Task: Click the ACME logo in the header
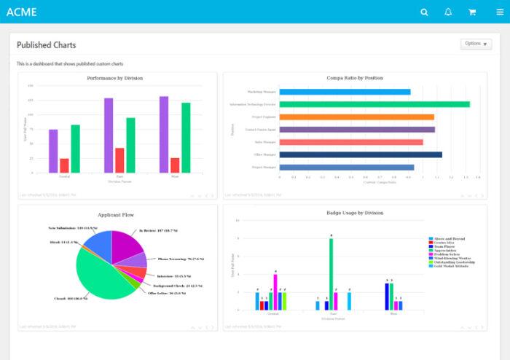click(x=21, y=12)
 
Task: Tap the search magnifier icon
click(x=425, y=12)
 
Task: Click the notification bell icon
click(x=448, y=12)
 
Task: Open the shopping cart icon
click(x=471, y=12)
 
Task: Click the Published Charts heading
click(x=46, y=44)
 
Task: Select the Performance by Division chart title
click(x=114, y=78)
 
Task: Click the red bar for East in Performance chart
click(x=119, y=160)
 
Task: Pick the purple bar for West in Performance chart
click(x=164, y=135)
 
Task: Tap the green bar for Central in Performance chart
click(x=75, y=149)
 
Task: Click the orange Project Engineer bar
click(x=356, y=117)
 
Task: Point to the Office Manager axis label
click(x=264, y=154)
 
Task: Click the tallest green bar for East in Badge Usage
click(x=331, y=273)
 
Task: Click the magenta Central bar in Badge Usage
click(x=275, y=291)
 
